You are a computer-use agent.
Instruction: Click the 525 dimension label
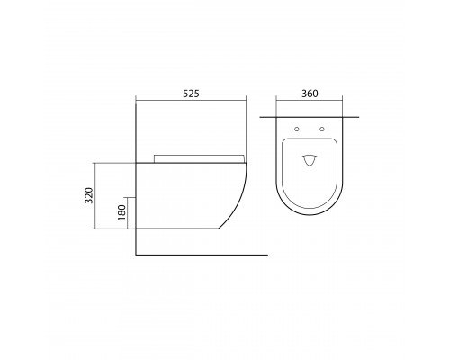[191, 94]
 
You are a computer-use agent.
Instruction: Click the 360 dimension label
[310, 94]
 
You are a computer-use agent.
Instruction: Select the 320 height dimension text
[89, 195]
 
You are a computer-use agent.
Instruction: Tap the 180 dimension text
[121, 212]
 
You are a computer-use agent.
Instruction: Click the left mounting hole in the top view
[297, 130]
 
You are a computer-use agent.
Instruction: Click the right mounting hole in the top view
[322, 130]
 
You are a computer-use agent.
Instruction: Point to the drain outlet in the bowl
[310, 160]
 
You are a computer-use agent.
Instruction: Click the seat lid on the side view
[199, 158]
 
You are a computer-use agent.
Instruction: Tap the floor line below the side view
[202, 255]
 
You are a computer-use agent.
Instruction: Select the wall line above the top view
[310, 117]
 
